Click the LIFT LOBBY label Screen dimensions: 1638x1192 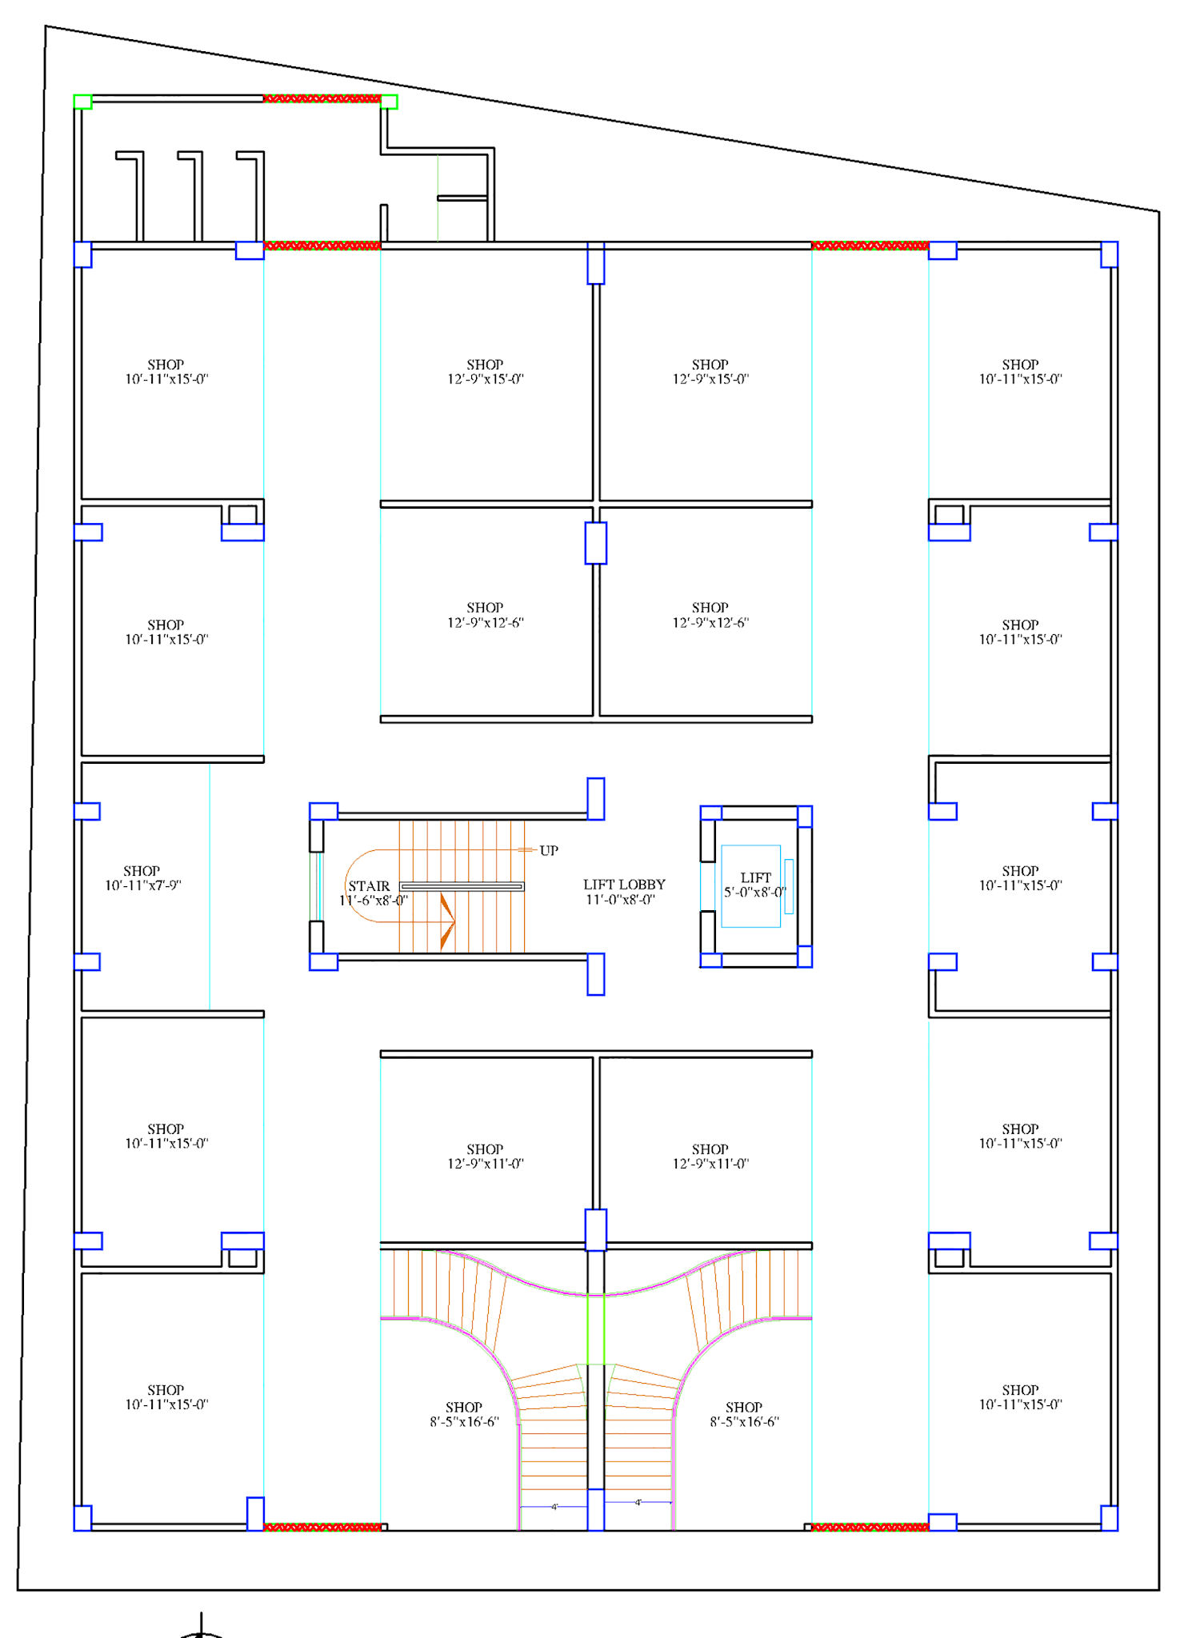623,892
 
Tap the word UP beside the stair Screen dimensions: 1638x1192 549,850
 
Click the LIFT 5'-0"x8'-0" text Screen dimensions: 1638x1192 755,885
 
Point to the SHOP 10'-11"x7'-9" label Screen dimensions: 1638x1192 142,878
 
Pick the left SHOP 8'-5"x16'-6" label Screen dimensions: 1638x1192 464,1414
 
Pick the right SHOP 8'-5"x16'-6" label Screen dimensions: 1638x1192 744,1414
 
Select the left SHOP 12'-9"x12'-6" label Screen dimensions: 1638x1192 485,615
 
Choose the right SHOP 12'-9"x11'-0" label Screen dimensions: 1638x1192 710,1157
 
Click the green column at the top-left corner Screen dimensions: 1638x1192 82,102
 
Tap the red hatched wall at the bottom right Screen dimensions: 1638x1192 870,1527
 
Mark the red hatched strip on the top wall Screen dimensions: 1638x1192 322,98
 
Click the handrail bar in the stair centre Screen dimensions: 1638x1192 462,886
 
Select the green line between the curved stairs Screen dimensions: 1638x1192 596,1328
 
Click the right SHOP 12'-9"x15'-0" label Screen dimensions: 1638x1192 710,372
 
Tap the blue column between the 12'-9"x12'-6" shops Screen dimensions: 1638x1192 596,543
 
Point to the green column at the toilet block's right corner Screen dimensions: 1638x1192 389,102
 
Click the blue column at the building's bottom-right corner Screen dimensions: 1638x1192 1109,1518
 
